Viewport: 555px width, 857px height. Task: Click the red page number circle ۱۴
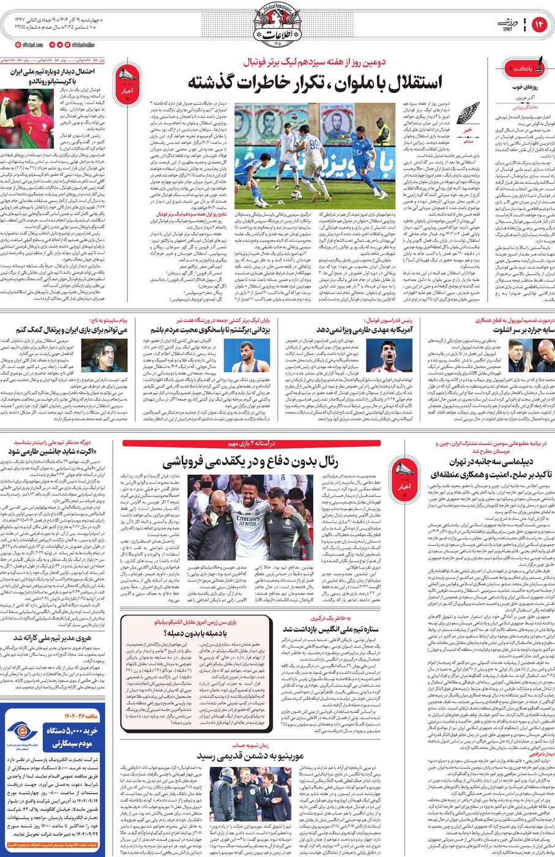coord(539,25)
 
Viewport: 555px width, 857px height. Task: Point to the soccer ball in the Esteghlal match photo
coord(296,195)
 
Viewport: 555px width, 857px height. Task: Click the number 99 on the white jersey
coord(315,144)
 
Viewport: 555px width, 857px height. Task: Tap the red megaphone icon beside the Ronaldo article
coord(127,81)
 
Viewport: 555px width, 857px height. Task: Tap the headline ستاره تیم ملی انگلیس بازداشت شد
coord(331,628)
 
